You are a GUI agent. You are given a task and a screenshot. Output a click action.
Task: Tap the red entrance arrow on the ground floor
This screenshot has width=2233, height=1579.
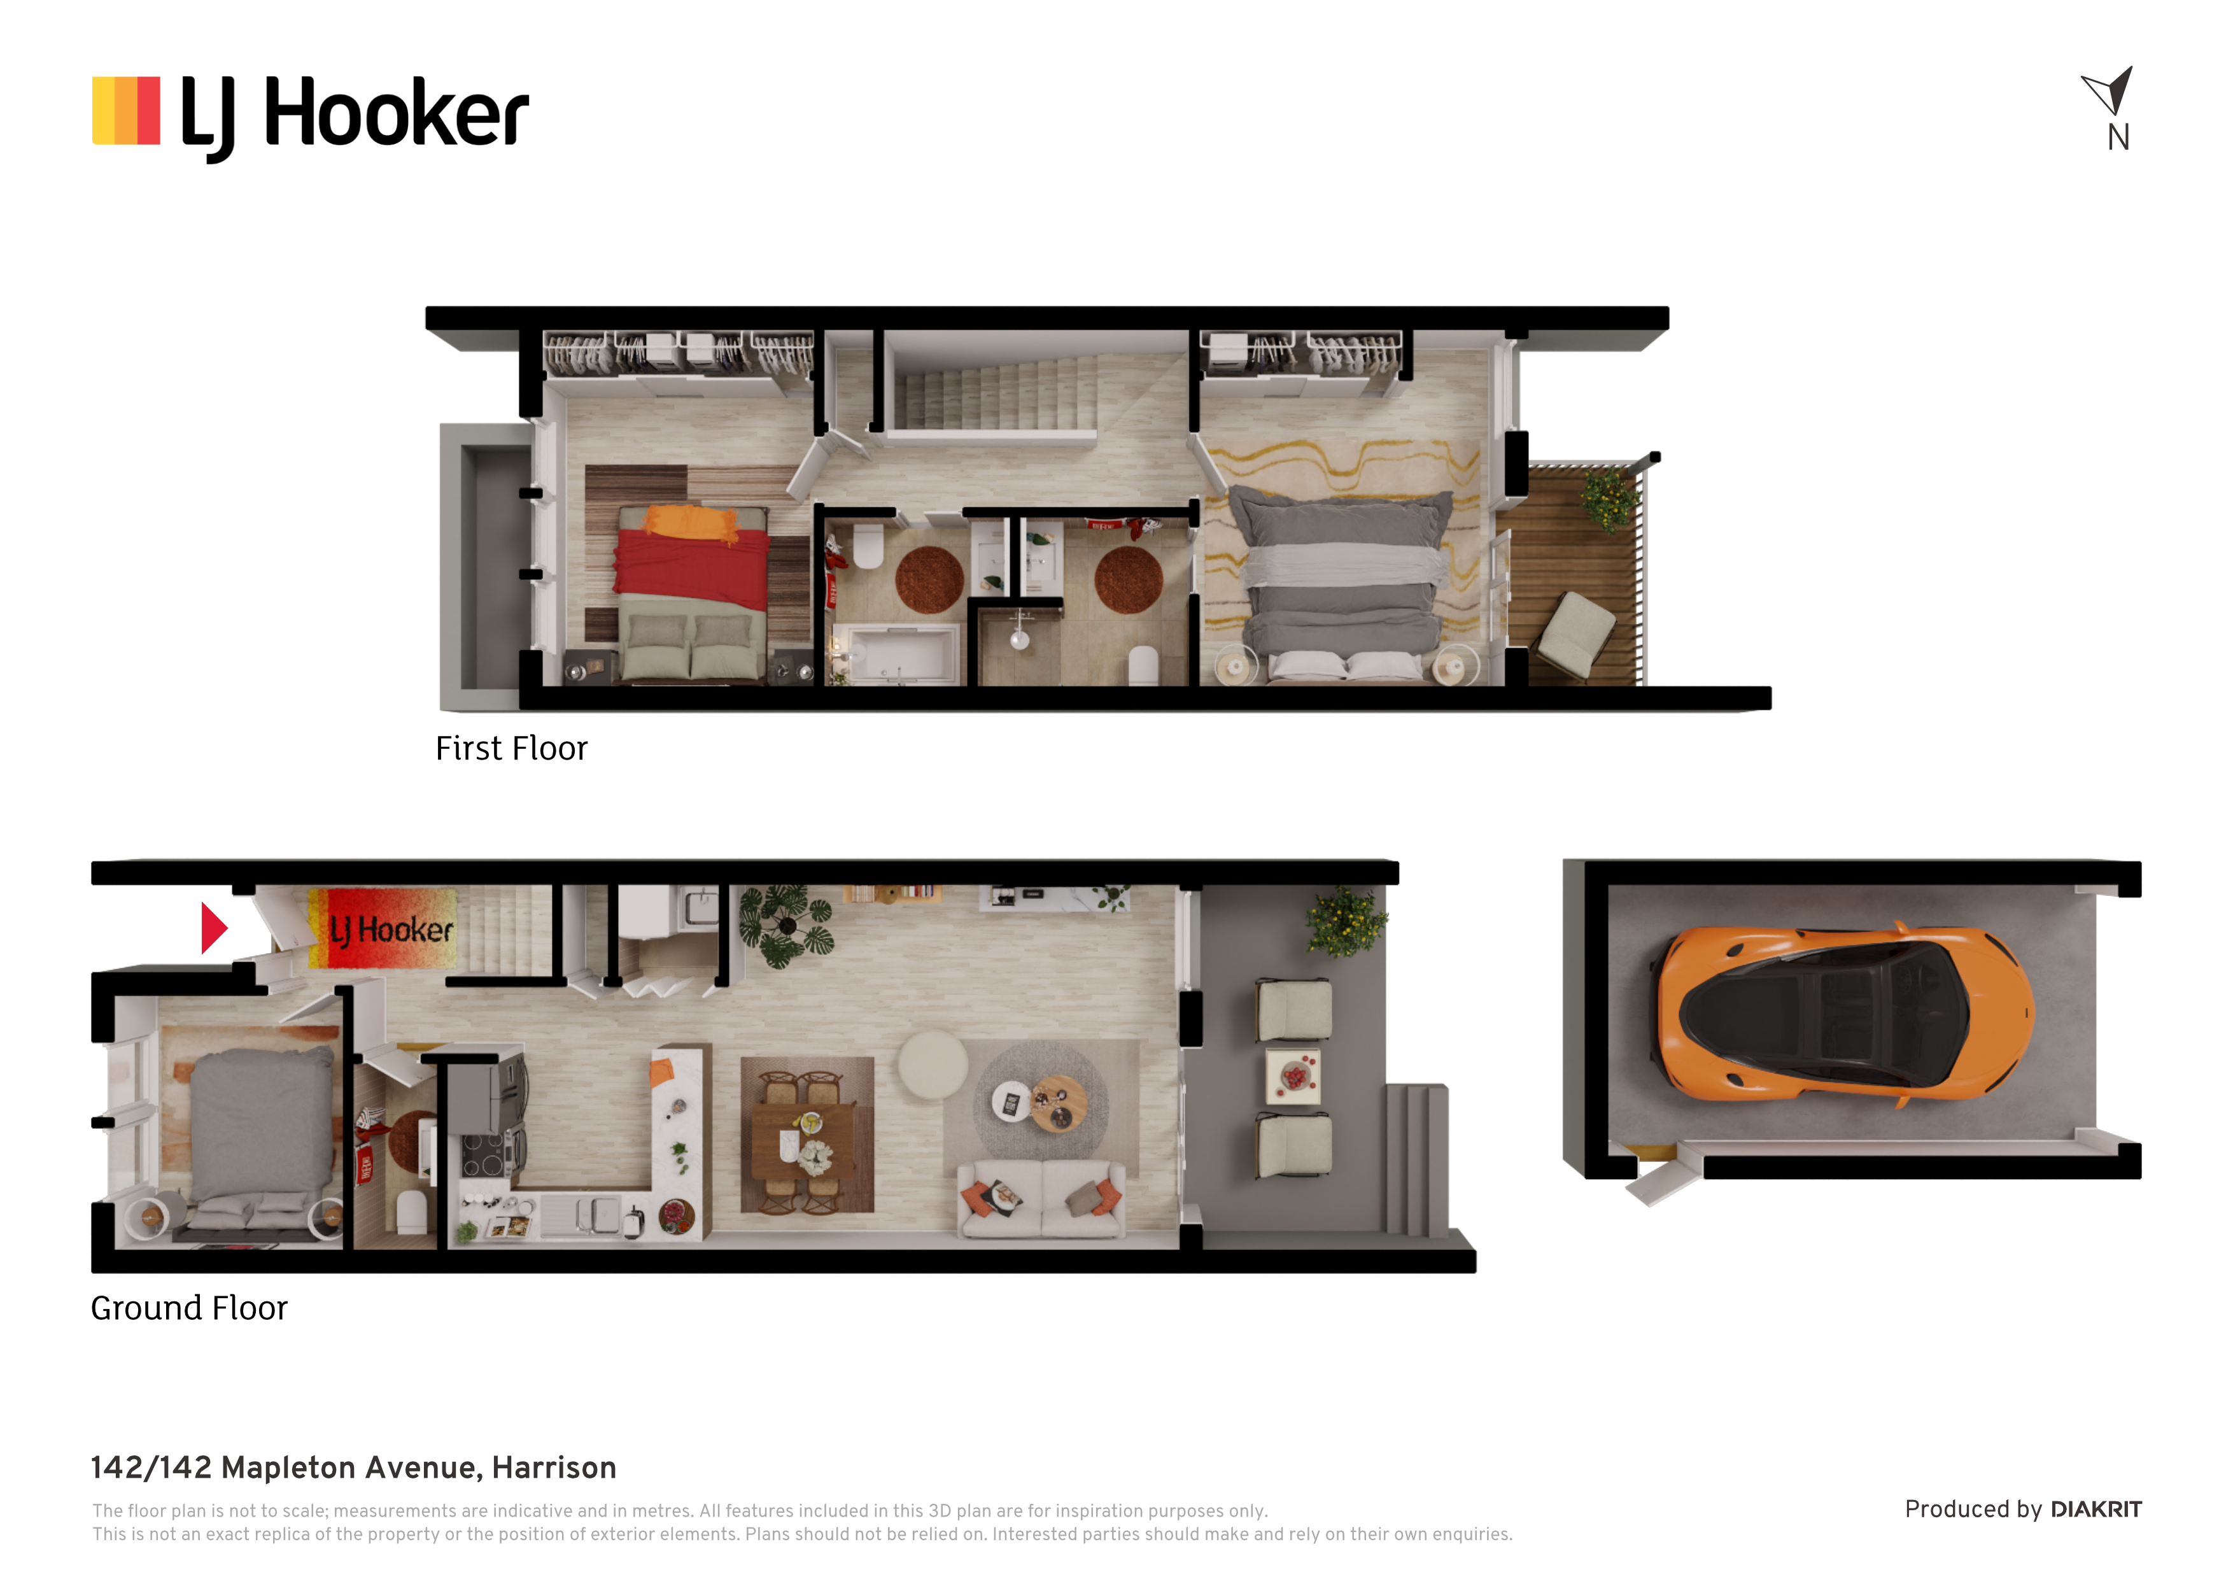pos(214,928)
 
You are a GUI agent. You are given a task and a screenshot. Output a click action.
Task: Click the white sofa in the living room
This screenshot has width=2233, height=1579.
pos(1041,1199)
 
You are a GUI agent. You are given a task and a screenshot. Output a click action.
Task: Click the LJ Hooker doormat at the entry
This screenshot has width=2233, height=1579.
pos(382,928)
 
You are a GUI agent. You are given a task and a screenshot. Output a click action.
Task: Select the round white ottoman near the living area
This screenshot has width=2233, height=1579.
pos(932,1065)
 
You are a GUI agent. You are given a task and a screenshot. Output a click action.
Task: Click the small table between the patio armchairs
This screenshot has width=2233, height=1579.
pos(1293,1076)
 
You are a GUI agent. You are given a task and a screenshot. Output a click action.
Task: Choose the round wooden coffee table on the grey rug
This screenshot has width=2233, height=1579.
pos(1058,1103)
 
